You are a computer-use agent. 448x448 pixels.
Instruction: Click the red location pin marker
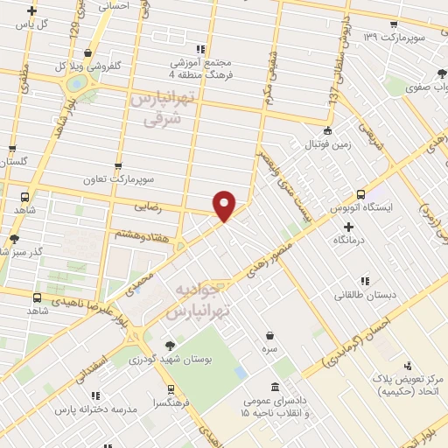click(225, 206)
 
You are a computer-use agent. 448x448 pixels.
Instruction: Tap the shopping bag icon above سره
click(270, 333)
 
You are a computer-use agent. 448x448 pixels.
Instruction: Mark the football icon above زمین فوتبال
click(326, 130)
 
